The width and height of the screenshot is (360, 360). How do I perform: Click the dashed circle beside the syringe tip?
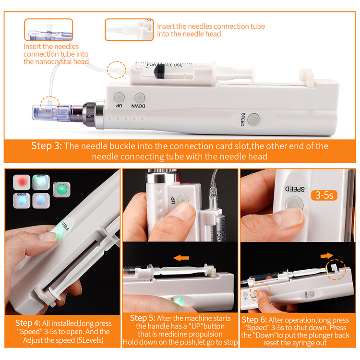(x=117, y=70)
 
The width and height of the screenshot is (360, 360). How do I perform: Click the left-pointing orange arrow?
(x=181, y=258)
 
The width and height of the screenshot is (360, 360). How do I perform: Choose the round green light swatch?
(x=60, y=190)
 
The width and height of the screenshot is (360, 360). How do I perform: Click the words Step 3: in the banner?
(x=47, y=146)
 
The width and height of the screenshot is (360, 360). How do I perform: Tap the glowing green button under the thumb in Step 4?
(x=56, y=233)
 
